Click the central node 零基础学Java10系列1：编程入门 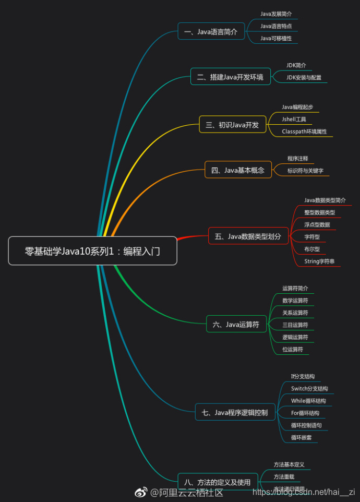(x=92, y=251)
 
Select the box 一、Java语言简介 (x=211, y=32)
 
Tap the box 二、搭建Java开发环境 (x=230, y=77)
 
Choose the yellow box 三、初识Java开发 (x=232, y=124)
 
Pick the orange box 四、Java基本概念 (x=238, y=170)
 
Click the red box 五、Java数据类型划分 (x=248, y=236)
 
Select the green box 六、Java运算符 (x=236, y=325)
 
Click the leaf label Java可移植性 (x=276, y=38)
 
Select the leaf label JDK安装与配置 (x=304, y=78)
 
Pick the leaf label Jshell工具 (x=294, y=119)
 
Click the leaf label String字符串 (x=319, y=261)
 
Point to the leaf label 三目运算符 (x=295, y=325)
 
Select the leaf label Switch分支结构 (x=309, y=389)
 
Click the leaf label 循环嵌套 (x=301, y=438)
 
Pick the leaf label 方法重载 (x=284, y=477)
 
